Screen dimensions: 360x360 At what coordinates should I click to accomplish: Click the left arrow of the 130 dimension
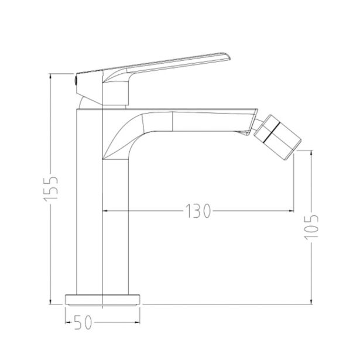click(105, 211)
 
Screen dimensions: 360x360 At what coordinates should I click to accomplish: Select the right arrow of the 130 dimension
click(290, 211)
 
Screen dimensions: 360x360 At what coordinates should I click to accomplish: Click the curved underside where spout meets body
click(117, 140)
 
